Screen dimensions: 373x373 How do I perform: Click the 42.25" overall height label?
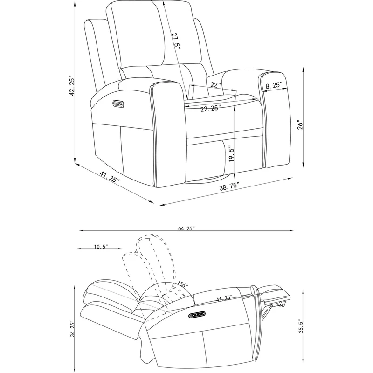pos(72,86)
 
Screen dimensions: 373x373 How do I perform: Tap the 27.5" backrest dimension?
pos(176,41)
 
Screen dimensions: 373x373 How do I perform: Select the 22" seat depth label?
pos(216,84)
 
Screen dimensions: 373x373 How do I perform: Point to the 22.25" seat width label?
pos(209,109)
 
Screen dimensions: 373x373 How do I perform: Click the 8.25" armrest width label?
pos(274,85)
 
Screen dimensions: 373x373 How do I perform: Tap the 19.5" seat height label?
pos(231,154)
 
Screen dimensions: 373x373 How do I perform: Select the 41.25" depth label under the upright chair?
pos(110,177)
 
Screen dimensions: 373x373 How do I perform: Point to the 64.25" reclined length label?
pos(186,228)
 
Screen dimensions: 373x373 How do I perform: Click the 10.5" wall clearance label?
pos(101,247)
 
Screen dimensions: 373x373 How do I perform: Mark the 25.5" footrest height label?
pos(301,326)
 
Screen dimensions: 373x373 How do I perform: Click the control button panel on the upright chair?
pos(118,104)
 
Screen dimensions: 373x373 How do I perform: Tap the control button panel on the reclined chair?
pos(197,316)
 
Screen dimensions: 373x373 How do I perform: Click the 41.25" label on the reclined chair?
pos(224,298)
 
